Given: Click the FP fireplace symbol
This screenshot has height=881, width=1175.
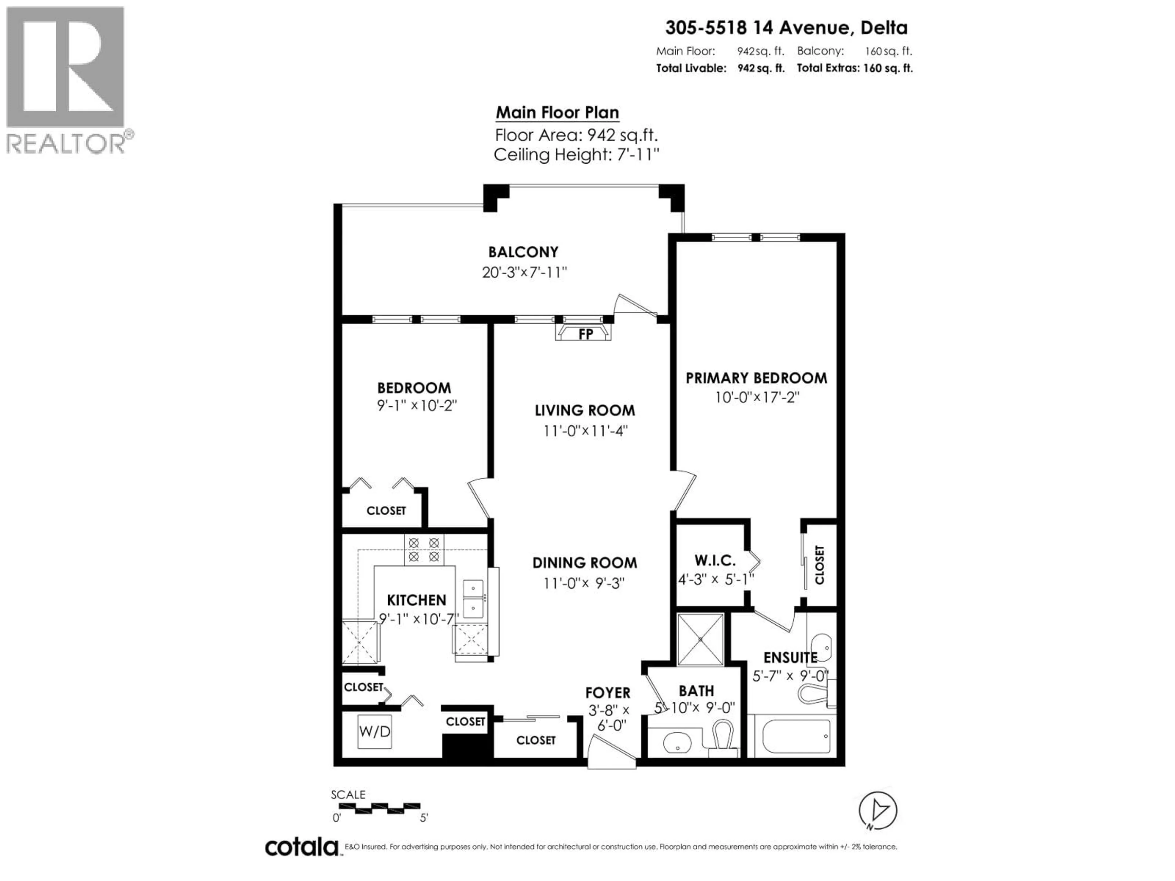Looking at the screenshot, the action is (x=583, y=332).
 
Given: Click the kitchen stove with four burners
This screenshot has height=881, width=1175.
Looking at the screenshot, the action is (x=424, y=549).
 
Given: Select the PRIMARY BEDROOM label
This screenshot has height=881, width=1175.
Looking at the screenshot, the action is (x=756, y=378).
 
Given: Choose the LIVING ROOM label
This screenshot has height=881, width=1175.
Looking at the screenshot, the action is (x=585, y=411).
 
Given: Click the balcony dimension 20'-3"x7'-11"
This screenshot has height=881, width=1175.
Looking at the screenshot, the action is (x=524, y=273).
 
